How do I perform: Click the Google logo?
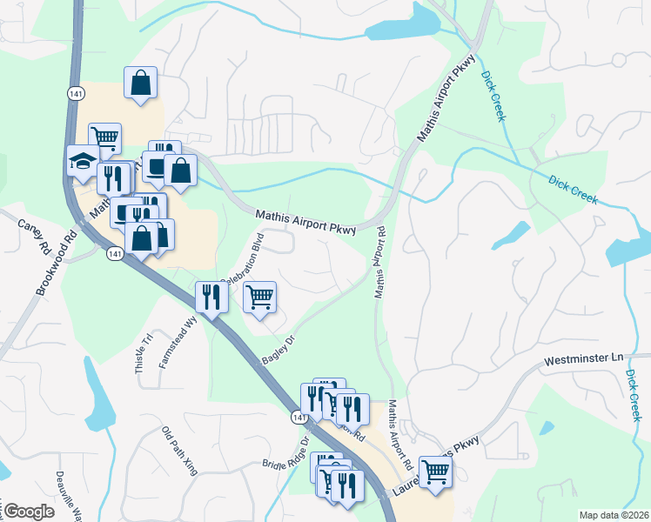[28, 512]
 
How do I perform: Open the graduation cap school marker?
[84, 161]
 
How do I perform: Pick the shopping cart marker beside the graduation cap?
[104, 137]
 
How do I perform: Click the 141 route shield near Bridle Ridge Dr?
[299, 418]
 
